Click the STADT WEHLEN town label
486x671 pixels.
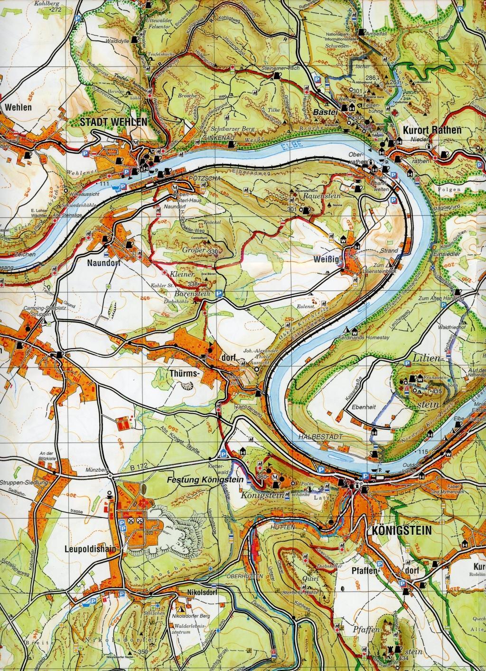(113, 122)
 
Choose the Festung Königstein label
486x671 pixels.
(205, 480)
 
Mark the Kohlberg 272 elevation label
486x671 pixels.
(51, 6)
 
